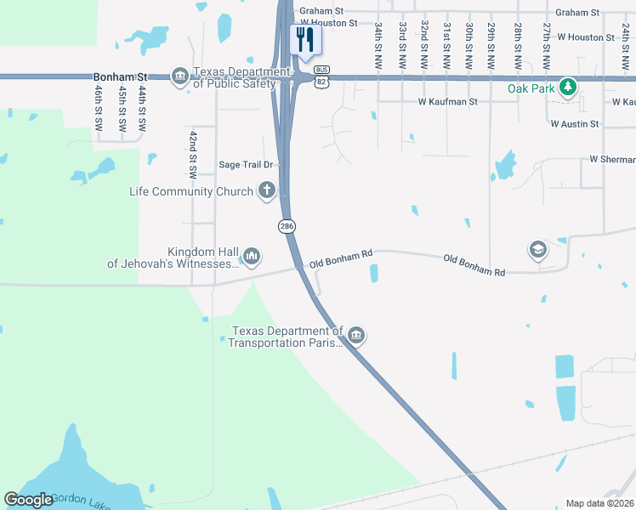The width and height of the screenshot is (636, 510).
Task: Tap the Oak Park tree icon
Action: pyautogui.click(x=568, y=88)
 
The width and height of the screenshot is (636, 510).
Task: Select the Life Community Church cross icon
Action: pyautogui.click(x=266, y=190)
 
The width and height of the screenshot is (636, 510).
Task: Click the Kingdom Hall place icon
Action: pyautogui.click(x=251, y=255)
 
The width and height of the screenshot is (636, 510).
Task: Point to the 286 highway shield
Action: pyautogui.click(x=287, y=226)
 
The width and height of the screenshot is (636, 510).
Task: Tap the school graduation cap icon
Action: pyautogui.click(x=537, y=249)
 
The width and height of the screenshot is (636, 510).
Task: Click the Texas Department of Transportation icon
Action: pyautogui.click(x=356, y=337)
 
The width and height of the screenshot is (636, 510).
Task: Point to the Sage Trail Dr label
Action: pyautogui.click(x=245, y=165)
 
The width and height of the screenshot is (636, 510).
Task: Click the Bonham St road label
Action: pyautogui.click(x=114, y=76)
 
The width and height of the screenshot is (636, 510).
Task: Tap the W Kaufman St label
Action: pyautogui.click(x=447, y=102)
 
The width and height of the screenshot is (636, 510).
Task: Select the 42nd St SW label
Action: pyautogui.click(x=193, y=154)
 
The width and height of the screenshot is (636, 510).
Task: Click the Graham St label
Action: pyautogui.click(x=577, y=13)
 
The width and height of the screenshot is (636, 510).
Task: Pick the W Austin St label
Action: pyautogui.click(x=575, y=124)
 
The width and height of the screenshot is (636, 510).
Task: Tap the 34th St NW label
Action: pyautogui.click(x=378, y=47)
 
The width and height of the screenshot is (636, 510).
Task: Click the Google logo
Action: pyautogui.click(x=28, y=500)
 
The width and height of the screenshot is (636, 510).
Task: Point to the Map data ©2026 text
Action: pyautogui.click(x=599, y=503)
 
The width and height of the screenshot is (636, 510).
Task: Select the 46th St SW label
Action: pyautogui.click(x=99, y=107)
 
